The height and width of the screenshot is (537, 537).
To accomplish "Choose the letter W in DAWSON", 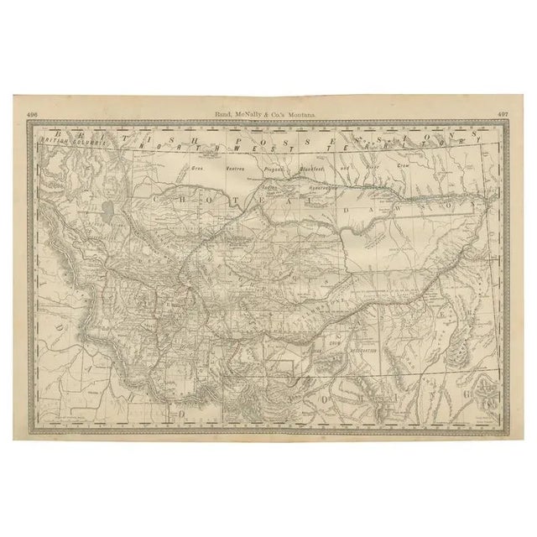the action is tap(438, 204).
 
